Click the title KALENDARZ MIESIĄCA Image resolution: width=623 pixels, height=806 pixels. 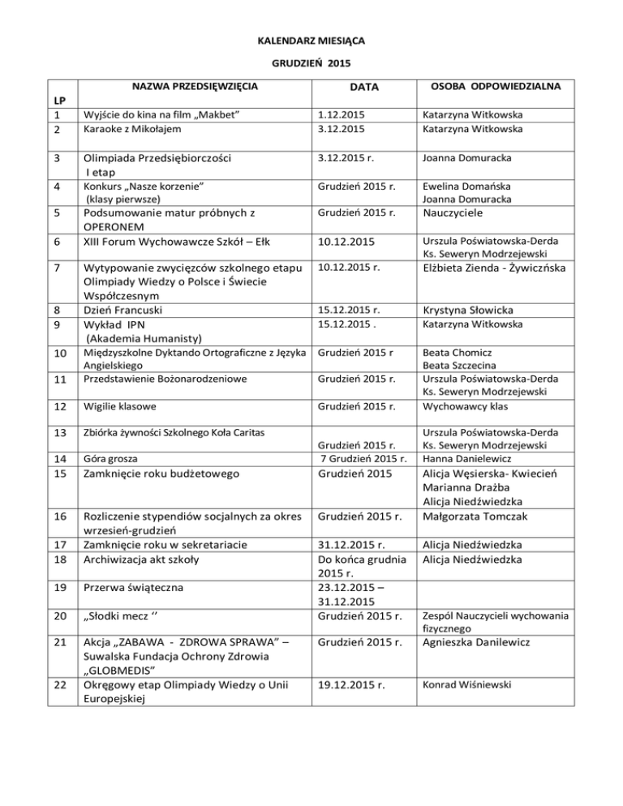[311, 39]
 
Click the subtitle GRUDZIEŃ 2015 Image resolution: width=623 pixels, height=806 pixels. [311, 62]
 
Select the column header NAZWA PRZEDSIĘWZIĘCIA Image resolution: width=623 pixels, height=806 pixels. [195, 85]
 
